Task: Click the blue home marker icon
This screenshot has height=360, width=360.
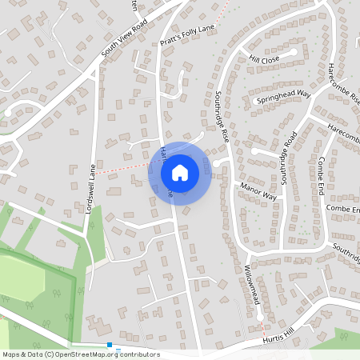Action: [x=180, y=172]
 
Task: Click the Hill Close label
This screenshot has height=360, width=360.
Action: [x=263, y=59]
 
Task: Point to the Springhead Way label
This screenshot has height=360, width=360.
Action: [x=282, y=98]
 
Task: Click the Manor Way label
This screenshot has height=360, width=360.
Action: [x=258, y=191]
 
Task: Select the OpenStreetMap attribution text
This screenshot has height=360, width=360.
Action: [x=81, y=354]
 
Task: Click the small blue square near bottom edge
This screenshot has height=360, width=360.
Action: [x=110, y=346]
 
